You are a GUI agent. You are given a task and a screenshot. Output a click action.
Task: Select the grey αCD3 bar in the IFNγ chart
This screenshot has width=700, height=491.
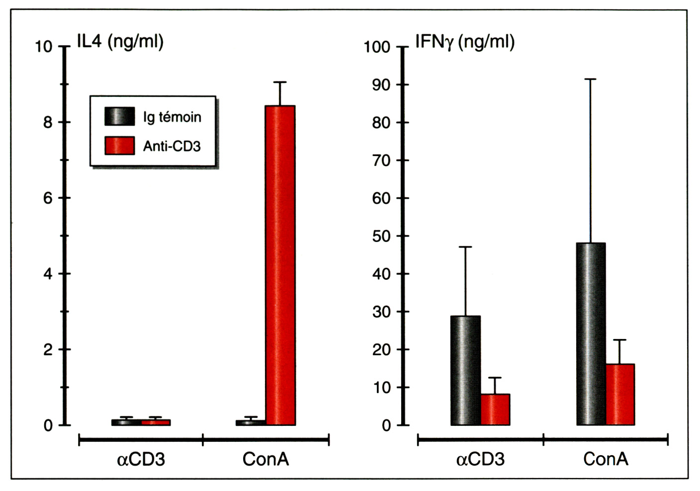pyautogui.click(x=466, y=370)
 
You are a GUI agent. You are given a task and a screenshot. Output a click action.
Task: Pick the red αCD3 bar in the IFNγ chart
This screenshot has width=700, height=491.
pyautogui.click(x=495, y=409)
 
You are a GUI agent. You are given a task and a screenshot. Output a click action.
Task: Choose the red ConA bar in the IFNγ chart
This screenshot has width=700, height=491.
pyautogui.click(x=620, y=395)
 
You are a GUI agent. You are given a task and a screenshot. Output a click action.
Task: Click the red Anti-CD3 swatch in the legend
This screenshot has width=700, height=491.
pyautogui.click(x=119, y=146)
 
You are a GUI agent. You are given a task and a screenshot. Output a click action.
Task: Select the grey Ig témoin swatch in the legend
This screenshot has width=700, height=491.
pyautogui.click(x=119, y=116)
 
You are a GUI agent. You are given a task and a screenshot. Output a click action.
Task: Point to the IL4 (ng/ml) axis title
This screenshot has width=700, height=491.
pyautogui.click(x=120, y=41)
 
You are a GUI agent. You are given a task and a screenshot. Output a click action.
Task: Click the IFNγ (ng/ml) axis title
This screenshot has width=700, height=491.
pyautogui.click(x=465, y=42)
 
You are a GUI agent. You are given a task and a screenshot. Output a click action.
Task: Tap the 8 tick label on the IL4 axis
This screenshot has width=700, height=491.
pyautogui.click(x=48, y=122)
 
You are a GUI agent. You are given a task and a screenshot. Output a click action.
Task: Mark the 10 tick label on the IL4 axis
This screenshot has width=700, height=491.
pyautogui.click(x=44, y=47)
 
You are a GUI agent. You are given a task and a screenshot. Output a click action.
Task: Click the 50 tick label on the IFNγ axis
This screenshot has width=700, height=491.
pyautogui.click(x=381, y=236)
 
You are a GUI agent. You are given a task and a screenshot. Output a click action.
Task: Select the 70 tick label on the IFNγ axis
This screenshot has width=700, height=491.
pyautogui.click(x=381, y=161)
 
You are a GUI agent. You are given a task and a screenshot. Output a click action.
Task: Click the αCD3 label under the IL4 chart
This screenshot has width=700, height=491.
pyautogui.click(x=141, y=459)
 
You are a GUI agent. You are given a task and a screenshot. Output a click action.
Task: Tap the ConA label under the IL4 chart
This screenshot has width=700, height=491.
pyautogui.click(x=265, y=459)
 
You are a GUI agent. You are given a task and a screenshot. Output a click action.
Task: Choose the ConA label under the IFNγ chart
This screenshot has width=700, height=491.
pyautogui.click(x=606, y=459)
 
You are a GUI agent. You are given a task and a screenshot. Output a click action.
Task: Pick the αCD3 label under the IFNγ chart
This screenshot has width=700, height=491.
pyautogui.click(x=480, y=459)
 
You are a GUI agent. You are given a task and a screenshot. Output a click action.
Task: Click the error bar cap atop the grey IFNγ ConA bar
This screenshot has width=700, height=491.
pyautogui.click(x=591, y=79)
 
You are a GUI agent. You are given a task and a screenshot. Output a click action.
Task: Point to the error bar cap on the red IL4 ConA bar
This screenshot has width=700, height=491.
pyautogui.click(x=280, y=82)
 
